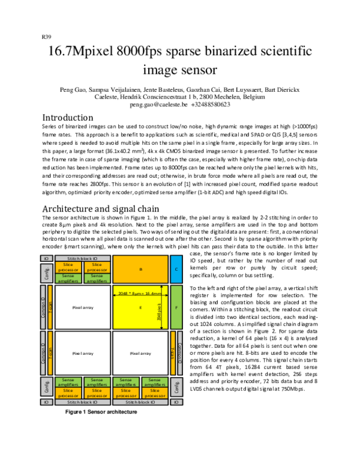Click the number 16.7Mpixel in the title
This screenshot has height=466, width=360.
(x=84, y=51)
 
